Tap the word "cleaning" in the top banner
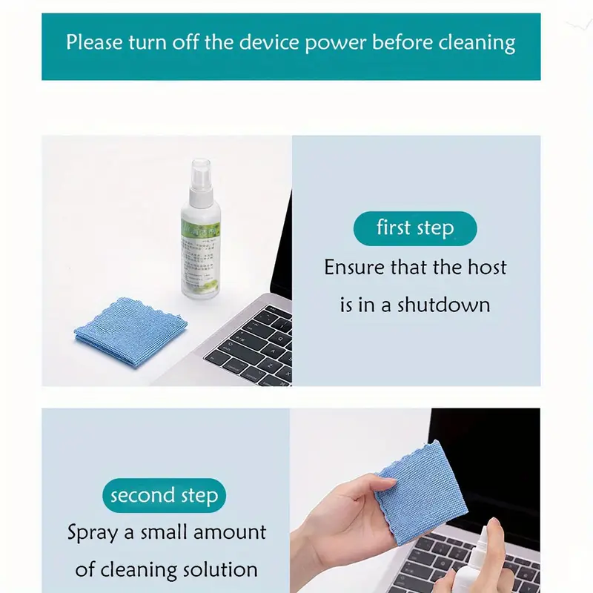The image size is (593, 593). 476,42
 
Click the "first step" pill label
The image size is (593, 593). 415,228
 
